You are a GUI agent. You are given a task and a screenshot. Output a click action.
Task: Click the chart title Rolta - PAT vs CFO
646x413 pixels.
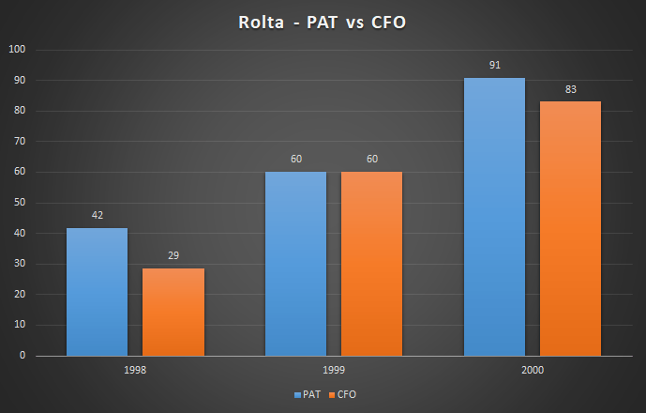[x=323, y=21]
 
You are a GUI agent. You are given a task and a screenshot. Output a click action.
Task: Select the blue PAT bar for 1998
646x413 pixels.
[x=97, y=292]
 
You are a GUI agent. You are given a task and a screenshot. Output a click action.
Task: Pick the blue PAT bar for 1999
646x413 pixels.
[x=295, y=264]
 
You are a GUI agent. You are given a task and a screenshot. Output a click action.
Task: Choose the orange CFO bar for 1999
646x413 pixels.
[x=371, y=264]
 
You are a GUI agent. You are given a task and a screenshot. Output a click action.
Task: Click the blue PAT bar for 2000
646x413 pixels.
[x=494, y=217]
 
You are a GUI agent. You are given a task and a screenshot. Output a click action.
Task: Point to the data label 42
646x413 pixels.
[x=97, y=215]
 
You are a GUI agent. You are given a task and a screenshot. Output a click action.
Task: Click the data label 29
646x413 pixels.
[x=173, y=255]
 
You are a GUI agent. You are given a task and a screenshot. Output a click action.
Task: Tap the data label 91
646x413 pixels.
[x=494, y=65]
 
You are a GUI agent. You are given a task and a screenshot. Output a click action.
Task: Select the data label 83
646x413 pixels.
[x=570, y=89]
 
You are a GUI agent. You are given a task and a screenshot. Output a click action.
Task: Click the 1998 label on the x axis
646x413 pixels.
[x=135, y=371]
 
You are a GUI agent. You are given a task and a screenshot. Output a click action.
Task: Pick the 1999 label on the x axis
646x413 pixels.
[x=334, y=371]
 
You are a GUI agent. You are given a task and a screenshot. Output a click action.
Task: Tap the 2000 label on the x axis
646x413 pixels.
[x=533, y=371]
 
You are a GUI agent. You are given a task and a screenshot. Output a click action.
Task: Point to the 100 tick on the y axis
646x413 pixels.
[x=18, y=50]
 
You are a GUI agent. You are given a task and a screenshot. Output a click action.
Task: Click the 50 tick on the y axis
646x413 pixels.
[x=21, y=203]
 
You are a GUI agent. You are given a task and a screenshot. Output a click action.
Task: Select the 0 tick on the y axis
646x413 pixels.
[x=23, y=356]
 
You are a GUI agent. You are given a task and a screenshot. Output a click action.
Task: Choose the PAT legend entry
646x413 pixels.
[x=308, y=395]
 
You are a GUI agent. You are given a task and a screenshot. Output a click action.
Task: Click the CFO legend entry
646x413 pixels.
[x=343, y=395]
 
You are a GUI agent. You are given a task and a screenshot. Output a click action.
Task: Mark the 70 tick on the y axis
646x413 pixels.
[x=21, y=142]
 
